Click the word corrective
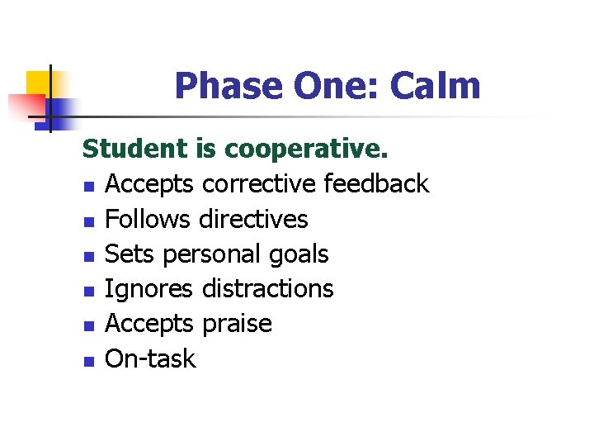[259, 183]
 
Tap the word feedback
[377, 183]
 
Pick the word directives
[254, 219]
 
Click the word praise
[237, 324]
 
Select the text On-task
[151, 358]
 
